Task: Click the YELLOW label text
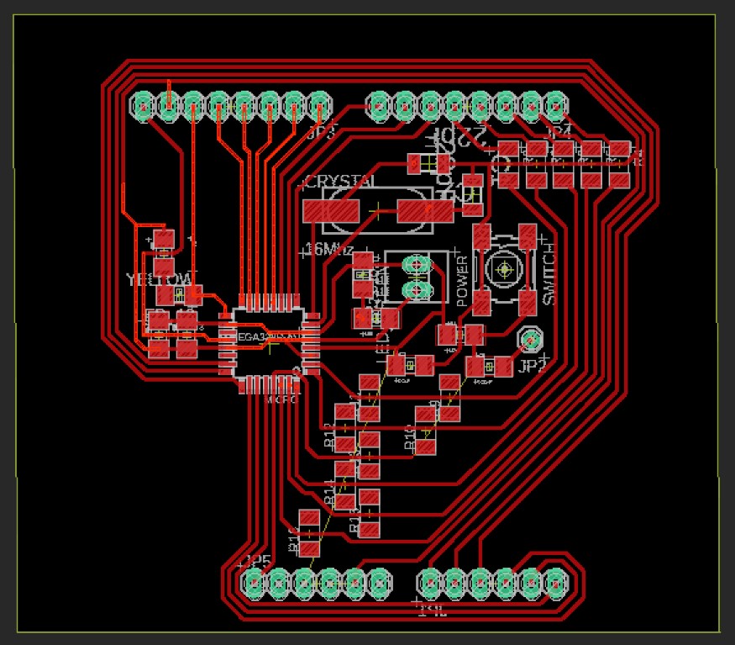[x=160, y=279]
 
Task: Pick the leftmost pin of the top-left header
[x=144, y=106]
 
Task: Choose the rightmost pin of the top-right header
[x=554, y=105]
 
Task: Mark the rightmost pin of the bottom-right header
[x=555, y=581]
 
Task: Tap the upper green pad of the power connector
[x=415, y=266]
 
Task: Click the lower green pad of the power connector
[x=415, y=291]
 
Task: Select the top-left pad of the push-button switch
[x=482, y=236]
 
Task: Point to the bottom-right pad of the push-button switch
[x=528, y=302]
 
